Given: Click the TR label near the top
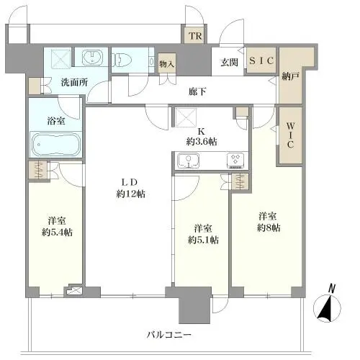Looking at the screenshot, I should pos(194,36).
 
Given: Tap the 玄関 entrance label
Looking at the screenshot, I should pos(228,61).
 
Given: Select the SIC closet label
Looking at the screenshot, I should pos(261,61).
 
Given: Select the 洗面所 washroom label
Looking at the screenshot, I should pos(73,82).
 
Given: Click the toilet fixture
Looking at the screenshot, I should pos(127,58).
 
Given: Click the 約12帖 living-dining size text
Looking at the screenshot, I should pos(130,193).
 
